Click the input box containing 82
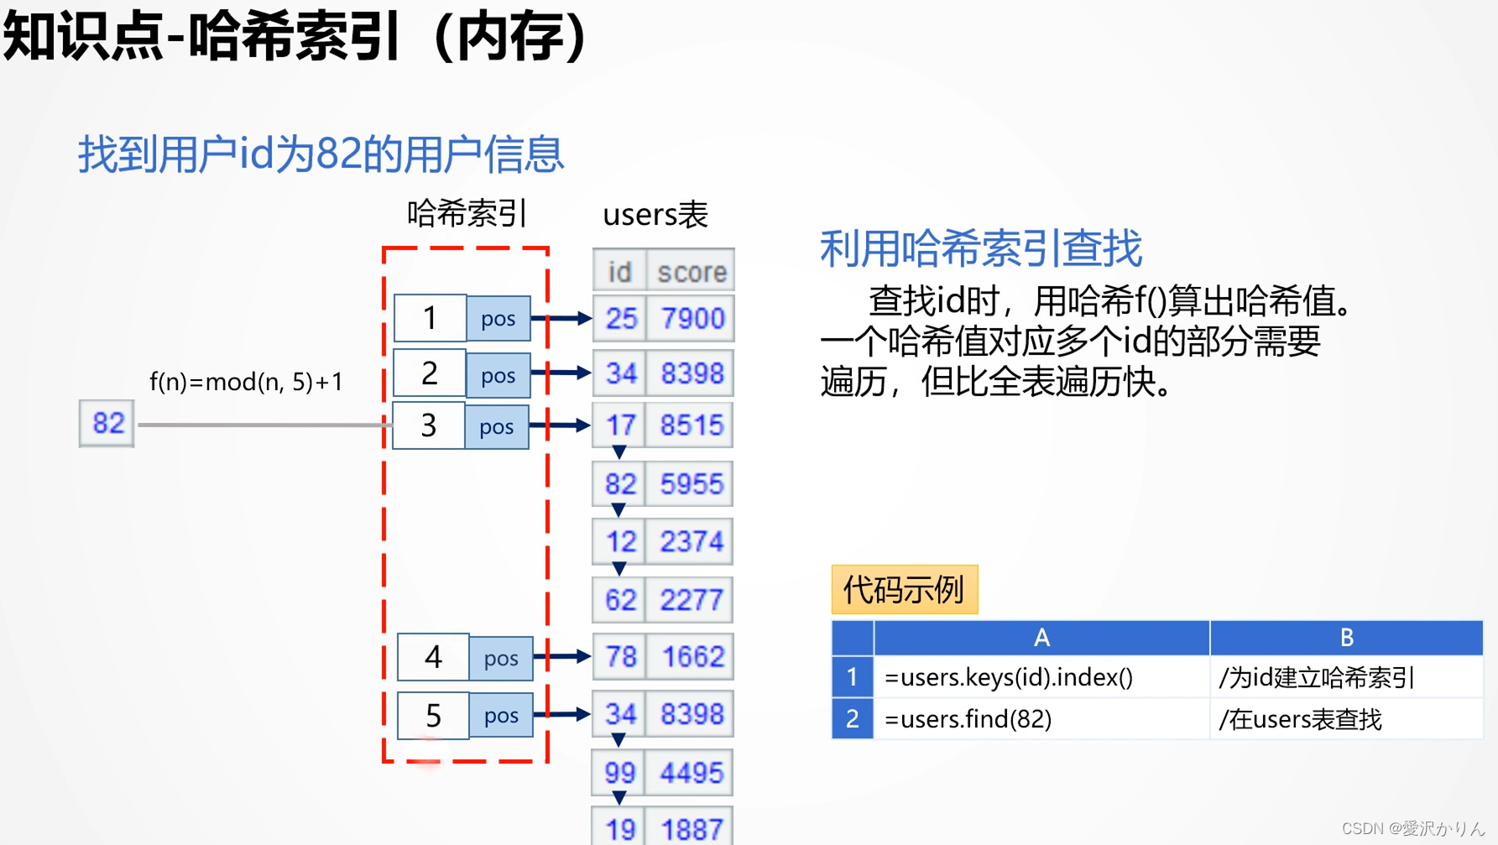(107, 423)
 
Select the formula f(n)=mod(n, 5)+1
(246, 382)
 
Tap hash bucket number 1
(430, 318)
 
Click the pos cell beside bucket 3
(496, 427)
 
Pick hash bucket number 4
(433, 657)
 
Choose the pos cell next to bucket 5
(501, 716)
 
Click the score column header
(691, 272)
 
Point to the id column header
(619, 272)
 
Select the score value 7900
(692, 319)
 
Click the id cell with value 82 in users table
(620, 484)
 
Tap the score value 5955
(691, 484)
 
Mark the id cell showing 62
(620, 600)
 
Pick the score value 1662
(692, 657)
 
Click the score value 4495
(691, 773)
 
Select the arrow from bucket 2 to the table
(561, 373)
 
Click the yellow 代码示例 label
(904, 590)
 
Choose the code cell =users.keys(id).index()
(1009, 677)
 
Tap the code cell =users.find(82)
(968, 719)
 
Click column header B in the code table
(1345, 638)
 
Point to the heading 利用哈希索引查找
(980, 249)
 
